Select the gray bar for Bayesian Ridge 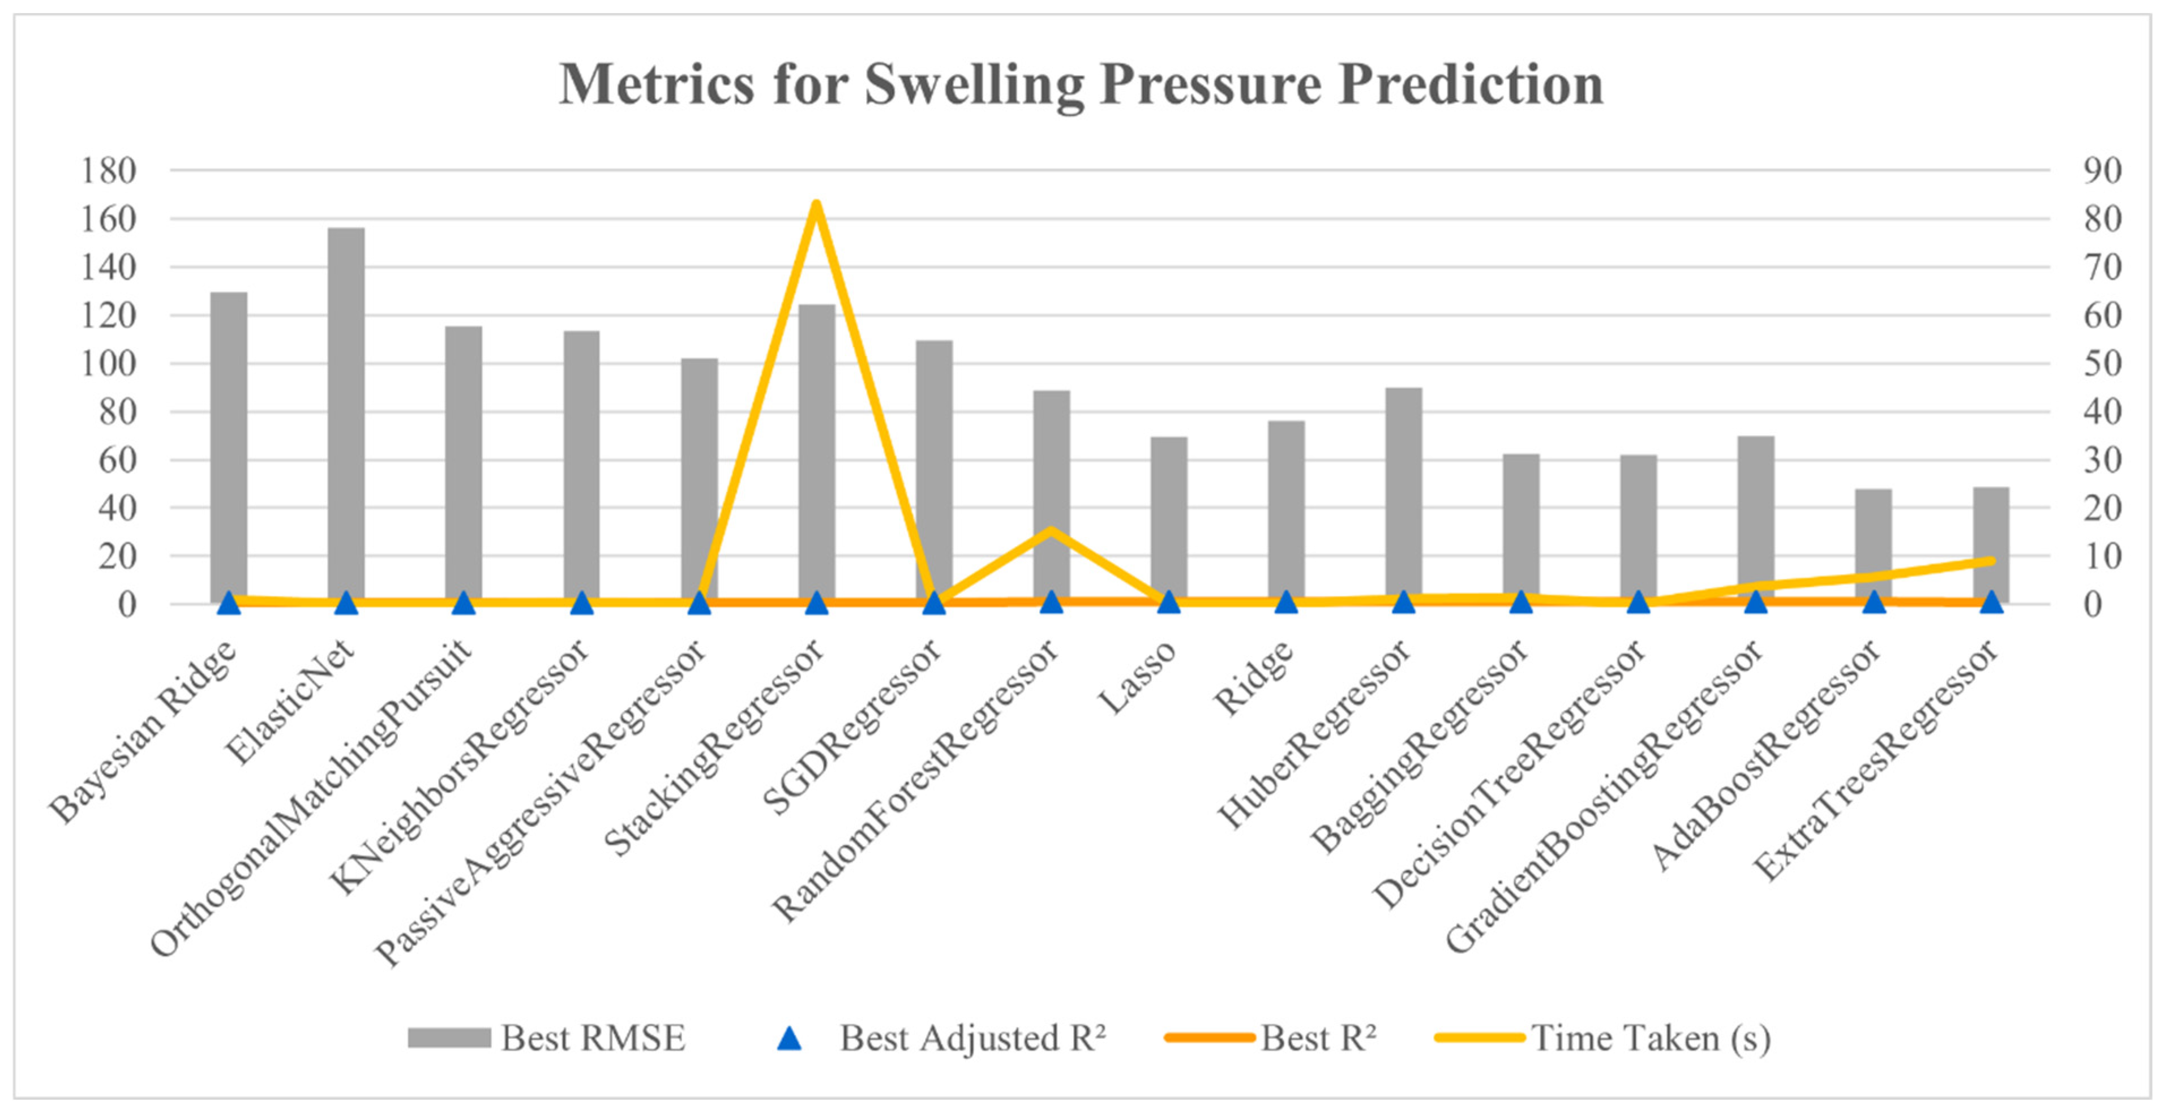pos(228,448)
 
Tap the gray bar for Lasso pos(1168,520)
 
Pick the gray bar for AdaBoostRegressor pos(1873,545)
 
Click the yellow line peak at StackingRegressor pos(816,204)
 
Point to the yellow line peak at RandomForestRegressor pos(1051,530)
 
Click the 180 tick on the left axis pos(108,171)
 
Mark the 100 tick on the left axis pos(108,364)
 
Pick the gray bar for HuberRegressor pos(1404,496)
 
